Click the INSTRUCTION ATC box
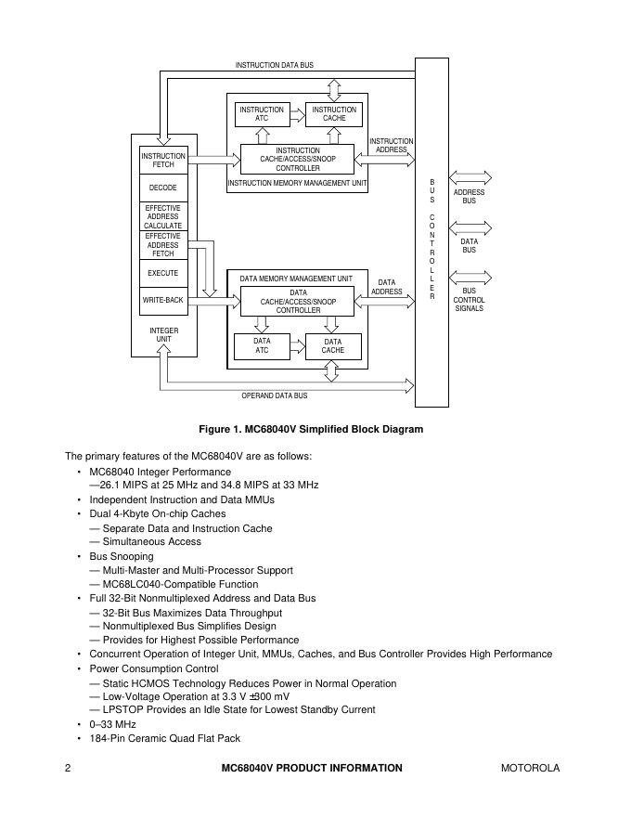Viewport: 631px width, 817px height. click(262, 114)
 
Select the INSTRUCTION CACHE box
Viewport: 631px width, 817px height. click(334, 114)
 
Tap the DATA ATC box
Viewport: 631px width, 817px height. click(262, 345)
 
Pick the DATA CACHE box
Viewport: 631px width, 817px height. click(333, 345)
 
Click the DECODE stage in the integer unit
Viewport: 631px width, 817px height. click(163, 188)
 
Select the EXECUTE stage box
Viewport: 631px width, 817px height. click(163, 274)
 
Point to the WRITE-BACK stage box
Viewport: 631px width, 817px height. click(163, 301)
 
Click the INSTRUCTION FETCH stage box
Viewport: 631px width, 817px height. click(163, 161)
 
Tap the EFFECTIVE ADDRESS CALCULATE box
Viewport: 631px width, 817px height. click(163, 216)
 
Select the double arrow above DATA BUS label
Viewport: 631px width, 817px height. click(470, 227)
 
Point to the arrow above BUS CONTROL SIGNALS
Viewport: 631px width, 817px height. click(470, 277)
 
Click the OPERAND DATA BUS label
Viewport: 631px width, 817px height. click(275, 396)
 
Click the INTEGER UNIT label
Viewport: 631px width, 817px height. click(163, 334)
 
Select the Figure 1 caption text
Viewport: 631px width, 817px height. click(311, 429)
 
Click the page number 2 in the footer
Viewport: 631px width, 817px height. click(69, 768)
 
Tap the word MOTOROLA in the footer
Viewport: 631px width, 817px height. click(530, 768)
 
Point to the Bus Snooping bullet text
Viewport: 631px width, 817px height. click(122, 556)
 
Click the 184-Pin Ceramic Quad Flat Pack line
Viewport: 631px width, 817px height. click(164, 738)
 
